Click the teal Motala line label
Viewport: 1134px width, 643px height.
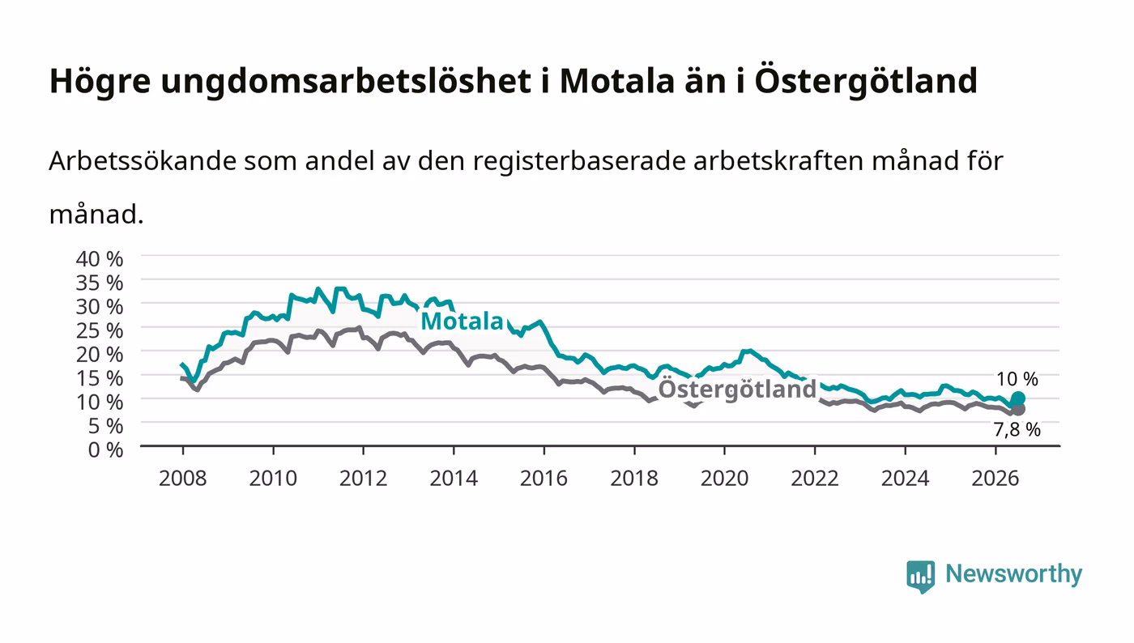point(462,321)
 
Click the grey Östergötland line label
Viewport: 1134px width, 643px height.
point(737,390)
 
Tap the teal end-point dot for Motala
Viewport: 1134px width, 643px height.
point(1018,398)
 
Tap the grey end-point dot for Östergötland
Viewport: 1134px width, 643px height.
point(1018,409)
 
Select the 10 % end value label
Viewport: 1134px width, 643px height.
point(1017,379)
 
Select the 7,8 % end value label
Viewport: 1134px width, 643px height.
point(1017,430)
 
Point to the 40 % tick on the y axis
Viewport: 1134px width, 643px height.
point(99,258)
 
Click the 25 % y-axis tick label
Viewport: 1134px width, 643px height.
point(99,330)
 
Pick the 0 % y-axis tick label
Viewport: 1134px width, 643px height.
point(105,449)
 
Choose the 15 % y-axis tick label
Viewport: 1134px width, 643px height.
point(99,378)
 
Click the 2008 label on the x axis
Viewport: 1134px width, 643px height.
point(183,479)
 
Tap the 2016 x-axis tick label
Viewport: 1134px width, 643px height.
point(544,479)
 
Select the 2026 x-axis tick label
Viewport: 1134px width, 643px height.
point(995,479)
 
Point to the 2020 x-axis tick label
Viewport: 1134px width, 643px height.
point(724,479)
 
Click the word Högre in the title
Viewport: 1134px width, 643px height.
point(100,81)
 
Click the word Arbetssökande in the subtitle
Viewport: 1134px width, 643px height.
point(143,161)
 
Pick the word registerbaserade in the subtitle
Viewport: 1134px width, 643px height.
point(579,162)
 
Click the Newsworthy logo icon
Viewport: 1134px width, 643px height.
point(921,576)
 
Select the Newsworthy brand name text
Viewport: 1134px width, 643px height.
point(1014,574)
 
